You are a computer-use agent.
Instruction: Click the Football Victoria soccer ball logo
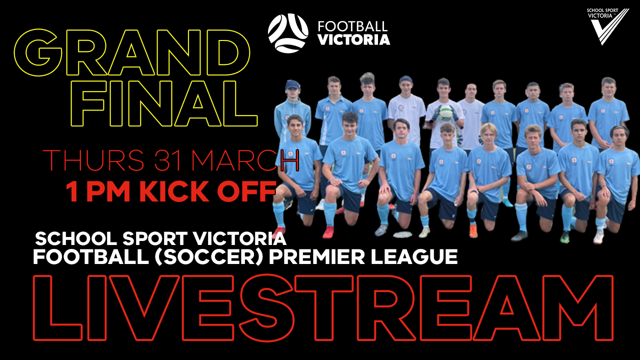(x=288, y=33)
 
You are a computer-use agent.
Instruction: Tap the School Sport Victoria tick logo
(x=608, y=26)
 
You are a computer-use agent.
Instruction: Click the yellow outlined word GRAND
(x=132, y=53)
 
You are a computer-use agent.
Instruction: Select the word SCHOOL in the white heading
(x=75, y=239)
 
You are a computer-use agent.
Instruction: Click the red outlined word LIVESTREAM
(x=323, y=308)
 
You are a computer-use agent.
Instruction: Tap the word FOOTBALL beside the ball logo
(x=352, y=26)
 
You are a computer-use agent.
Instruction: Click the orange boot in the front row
(x=473, y=231)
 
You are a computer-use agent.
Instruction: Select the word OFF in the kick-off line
(x=246, y=191)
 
